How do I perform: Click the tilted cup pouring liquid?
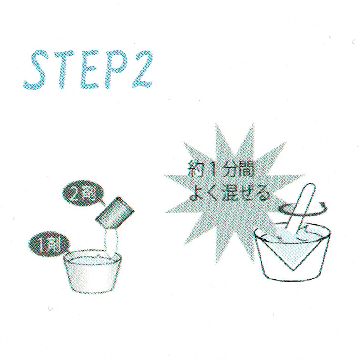pyautogui.click(x=114, y=214)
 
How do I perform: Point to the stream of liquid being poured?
pyautogui.click(x=112, y=243)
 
